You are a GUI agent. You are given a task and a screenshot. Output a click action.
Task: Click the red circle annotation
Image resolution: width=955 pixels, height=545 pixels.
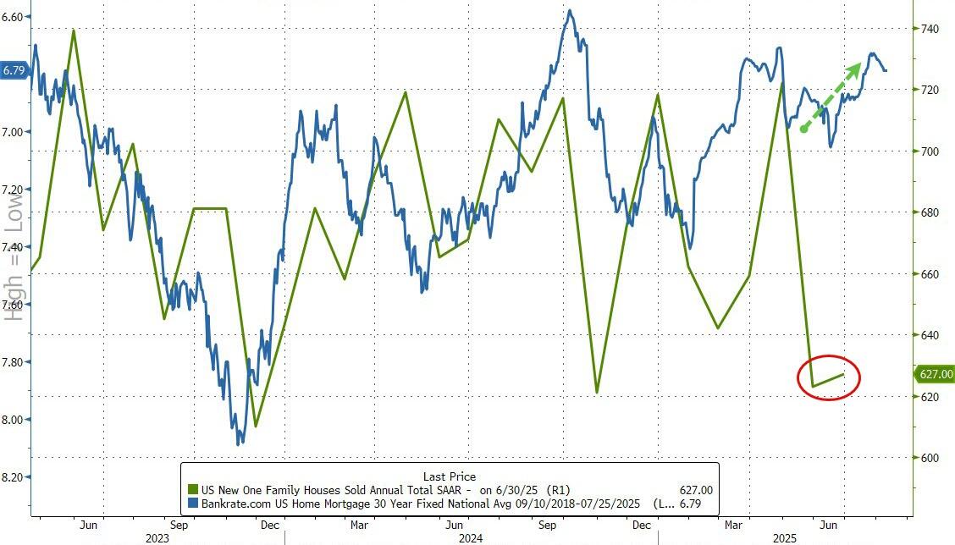[x=829, y=377]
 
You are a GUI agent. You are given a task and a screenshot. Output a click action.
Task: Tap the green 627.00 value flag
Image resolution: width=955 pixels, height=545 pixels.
[x=933, y=375]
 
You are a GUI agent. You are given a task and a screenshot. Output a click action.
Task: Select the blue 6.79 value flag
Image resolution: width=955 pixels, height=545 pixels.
[x=14, y=71]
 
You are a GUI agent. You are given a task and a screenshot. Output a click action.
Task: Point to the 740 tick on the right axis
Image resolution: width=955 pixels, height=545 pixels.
[x=930, y=29]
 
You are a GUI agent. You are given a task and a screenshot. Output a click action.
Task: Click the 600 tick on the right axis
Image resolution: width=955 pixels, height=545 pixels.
[x=930, y=458]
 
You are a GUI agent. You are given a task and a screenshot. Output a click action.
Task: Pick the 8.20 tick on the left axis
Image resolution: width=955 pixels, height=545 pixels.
[x=14, y=477]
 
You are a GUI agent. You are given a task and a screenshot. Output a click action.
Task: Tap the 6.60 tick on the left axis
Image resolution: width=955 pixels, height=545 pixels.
[x=14, y=17]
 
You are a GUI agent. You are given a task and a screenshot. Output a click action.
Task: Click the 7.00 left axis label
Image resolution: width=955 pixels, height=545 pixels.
[x=14, y=132]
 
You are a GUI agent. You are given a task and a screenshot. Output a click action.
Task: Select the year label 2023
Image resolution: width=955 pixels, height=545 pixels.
[x=157, y=538]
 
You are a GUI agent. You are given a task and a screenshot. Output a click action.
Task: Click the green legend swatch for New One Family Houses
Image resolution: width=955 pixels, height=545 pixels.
[x=193, y=489]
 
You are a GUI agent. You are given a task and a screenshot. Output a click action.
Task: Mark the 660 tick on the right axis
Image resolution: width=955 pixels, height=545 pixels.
[x=930, y=274]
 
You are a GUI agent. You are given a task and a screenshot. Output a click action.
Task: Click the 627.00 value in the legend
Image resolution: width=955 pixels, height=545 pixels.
[x=697, y=489]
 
